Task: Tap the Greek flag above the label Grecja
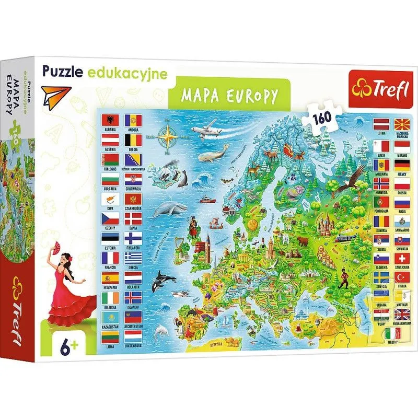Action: (x=133, y=258)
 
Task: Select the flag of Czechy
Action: (x=109, y=218)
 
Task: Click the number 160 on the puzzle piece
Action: (x=265, y=116)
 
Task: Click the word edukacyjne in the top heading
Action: (x=137, y=74)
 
